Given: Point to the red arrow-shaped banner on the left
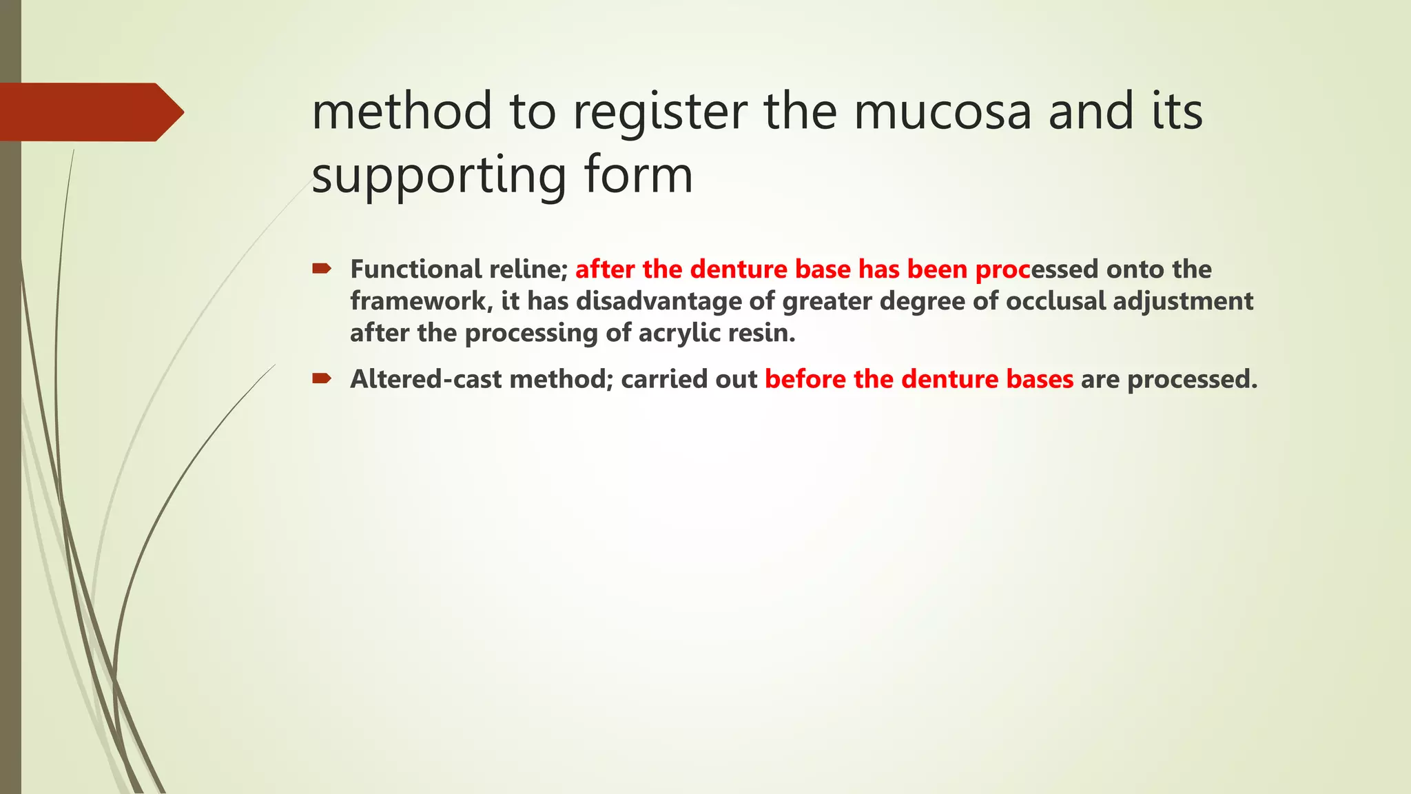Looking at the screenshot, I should (x=90, y=112).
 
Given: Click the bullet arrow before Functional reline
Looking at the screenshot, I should (x=322, y=268).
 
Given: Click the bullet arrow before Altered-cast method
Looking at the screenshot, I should (x=322, y=378).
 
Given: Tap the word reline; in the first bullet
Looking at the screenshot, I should (x=528, y=269).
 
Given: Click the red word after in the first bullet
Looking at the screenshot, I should (x=605, y=269).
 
